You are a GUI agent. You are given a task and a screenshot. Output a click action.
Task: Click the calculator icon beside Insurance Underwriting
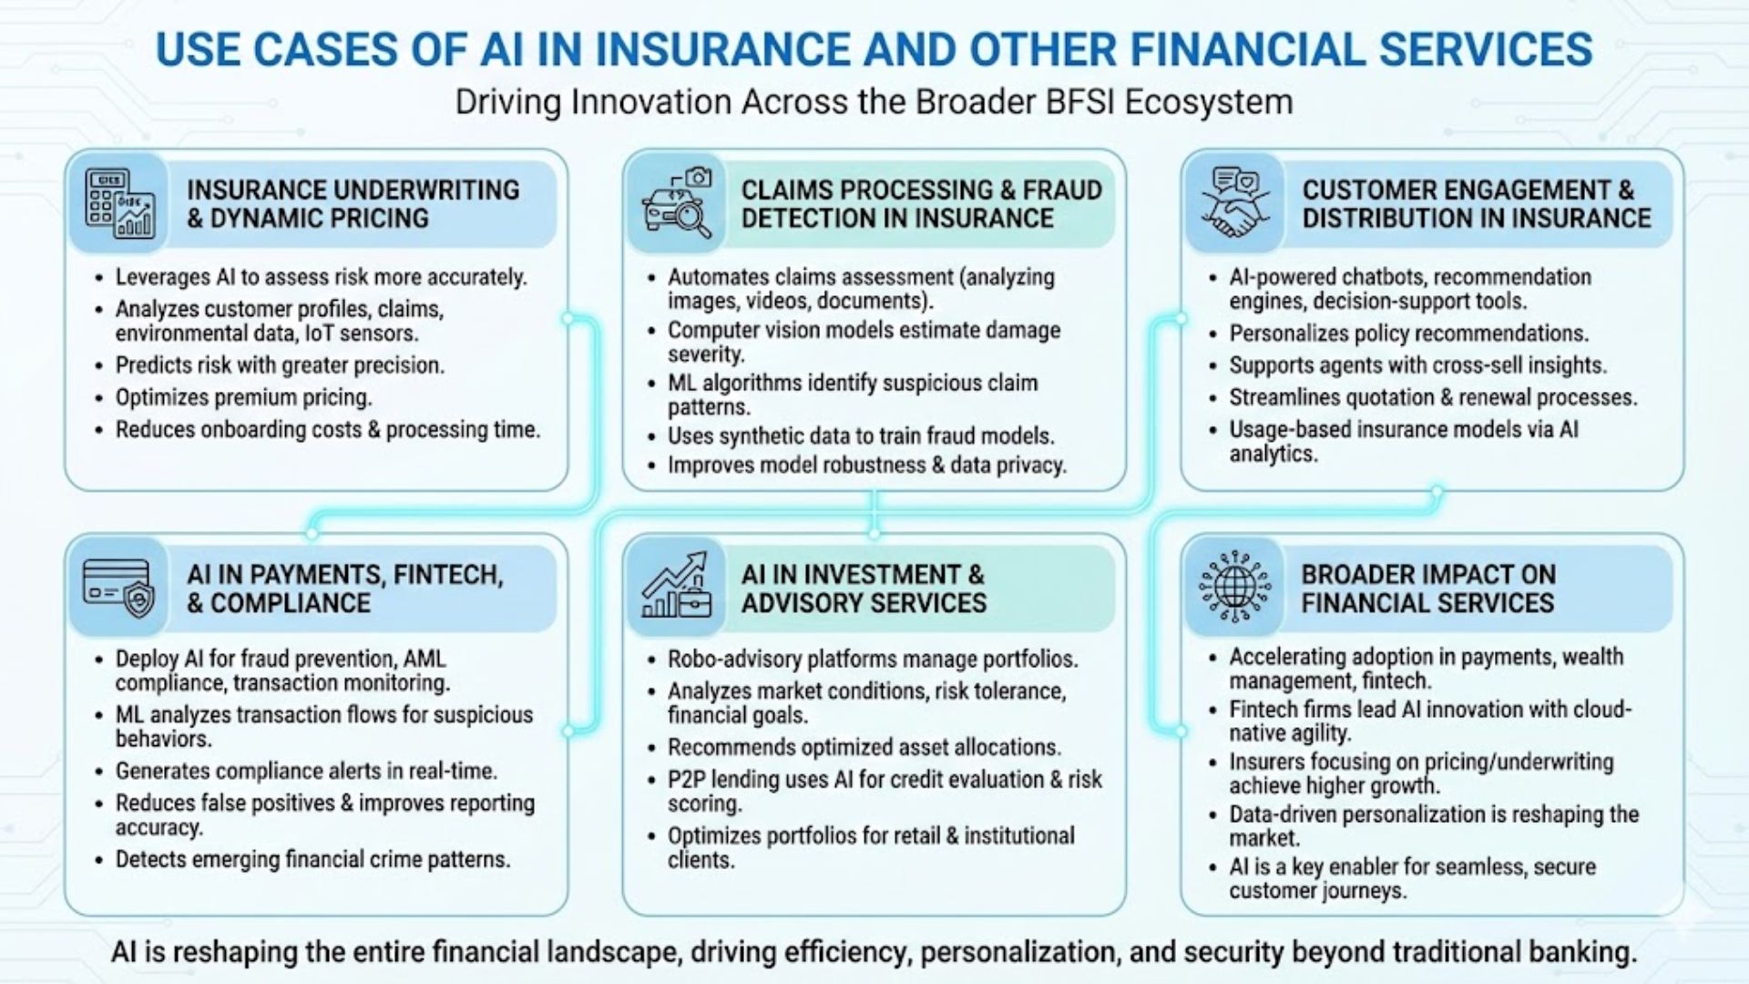[x=119, y=204]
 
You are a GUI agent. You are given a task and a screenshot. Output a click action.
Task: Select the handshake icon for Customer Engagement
[x=1234, y=202]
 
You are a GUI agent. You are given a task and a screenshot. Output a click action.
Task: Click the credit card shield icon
[x=118, y=587]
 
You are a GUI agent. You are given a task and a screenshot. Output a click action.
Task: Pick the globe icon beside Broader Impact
[x=1234, y=586]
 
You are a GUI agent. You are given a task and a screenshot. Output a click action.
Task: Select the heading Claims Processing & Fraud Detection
[x=921, y=204]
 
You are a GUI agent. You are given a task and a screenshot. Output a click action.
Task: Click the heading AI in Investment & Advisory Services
[x=864, y=589]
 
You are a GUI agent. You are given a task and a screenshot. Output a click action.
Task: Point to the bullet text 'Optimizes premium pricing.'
[x=243, y=397]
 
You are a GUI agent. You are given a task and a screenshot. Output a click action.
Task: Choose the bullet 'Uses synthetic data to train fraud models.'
[x=861, y=436]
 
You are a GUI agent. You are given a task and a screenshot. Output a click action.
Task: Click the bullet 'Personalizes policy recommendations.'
[x=1409, y=333]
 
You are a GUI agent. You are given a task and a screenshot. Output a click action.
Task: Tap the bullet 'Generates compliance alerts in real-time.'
[x=306, y=771]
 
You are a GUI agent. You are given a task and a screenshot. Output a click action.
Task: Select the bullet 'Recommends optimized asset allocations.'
[x=864, y=747]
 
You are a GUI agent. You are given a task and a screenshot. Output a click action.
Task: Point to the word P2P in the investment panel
[x=686, y=780]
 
